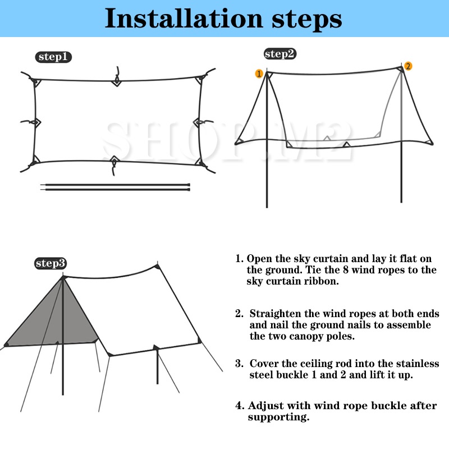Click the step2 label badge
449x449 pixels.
[x=280, y=54]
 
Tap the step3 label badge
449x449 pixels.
[x=51, y=263]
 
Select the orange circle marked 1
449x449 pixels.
[x=259, y=74]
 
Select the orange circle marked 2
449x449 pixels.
[x=408, y=66]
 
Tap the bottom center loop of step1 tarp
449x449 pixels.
[x=114, y=162]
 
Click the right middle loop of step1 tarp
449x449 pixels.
[x=198, y=121]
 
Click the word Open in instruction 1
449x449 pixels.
[x=259, y=259]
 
